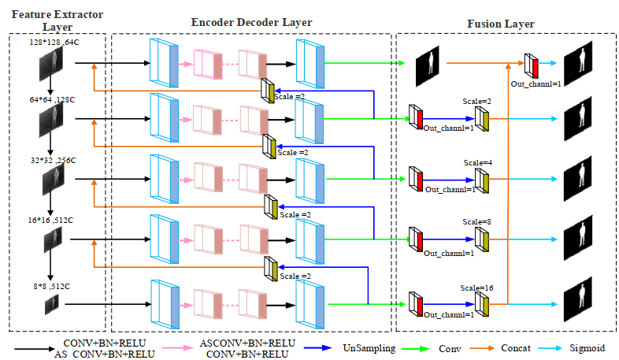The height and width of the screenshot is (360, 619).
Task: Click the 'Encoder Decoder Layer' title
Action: [251, 22]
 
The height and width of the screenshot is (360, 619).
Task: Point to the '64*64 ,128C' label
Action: [54, 102]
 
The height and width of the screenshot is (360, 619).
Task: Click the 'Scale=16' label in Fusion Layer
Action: [479, 288]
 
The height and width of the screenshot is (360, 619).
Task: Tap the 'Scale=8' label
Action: [477, 222]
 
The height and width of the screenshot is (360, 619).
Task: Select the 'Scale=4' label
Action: [477, 162]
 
